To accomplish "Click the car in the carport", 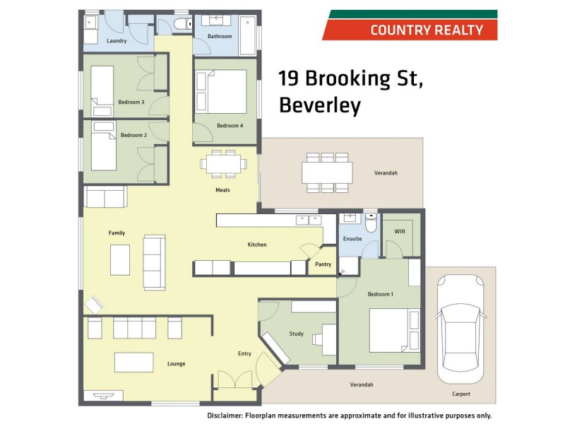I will pos(461,328).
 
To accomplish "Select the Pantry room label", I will pos(323,264).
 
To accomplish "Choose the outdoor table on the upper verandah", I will pos(327,172).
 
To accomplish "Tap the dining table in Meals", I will pos(223,164).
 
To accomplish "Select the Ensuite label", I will pos(352,239).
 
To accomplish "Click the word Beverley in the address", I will pos(320,105).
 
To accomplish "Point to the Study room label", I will pos(296,334).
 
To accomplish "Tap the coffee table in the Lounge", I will pos(134,362).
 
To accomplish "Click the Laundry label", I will pos(117,41).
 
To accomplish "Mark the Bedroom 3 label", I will pos(131,102).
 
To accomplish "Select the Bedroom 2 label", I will pos(133,135).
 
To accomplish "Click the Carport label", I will pos(461,394).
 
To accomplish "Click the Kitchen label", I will pos(257,245).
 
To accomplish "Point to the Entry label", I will pos(244,353).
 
